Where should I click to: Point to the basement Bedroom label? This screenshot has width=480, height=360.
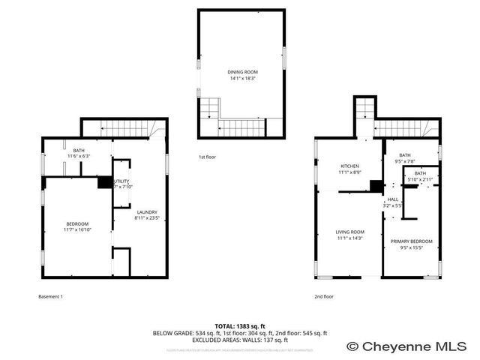click(x=77, y=223)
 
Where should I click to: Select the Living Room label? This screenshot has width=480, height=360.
click(x=349, y=232)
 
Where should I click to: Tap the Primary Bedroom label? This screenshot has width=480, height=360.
click(x=411, y=241)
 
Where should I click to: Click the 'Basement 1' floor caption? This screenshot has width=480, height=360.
click(x=50, y=296)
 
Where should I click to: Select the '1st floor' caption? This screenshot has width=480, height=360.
click(x=207, y=157)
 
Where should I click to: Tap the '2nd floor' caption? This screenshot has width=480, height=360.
click(x=324, y=296)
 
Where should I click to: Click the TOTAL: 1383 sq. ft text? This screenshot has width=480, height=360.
click(x=240, y=325)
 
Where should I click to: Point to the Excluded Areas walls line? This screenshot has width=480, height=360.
click(x=240, y=339)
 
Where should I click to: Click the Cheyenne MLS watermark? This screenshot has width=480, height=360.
click(x=413, y=346)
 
